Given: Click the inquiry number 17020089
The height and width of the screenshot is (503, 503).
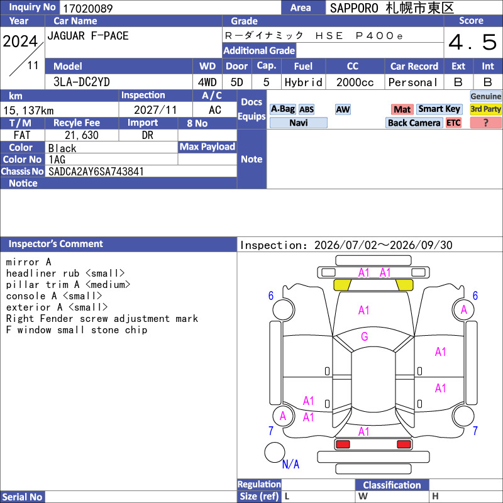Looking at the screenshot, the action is pos(88,8).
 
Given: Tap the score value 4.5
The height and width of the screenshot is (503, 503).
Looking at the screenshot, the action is pos(473,42).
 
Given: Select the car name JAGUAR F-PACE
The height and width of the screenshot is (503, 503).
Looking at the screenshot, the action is pos(88,36).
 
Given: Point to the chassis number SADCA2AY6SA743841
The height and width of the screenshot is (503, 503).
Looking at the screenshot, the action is pos(96,172).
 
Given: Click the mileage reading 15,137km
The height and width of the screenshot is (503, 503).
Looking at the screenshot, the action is pos(28,111).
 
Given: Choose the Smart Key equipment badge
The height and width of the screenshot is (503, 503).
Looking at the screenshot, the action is pos(439,109).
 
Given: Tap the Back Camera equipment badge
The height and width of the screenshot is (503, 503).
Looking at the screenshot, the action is pos(414,123).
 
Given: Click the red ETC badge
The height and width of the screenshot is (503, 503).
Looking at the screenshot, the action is pos(453,123).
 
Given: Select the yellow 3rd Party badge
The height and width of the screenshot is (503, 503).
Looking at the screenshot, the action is pos(485,109).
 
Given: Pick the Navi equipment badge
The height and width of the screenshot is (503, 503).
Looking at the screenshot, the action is pos(298,123).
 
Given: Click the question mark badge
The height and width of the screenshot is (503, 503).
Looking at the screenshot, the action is pos(485,123).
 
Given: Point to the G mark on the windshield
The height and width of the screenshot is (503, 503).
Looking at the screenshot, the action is pos(365,336).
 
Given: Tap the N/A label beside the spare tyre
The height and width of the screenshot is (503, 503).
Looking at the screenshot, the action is pos(290,464).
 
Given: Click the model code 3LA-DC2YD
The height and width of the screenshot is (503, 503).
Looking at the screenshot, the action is pos(82,82).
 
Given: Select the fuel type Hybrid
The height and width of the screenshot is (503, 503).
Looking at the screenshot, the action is pos(303,82).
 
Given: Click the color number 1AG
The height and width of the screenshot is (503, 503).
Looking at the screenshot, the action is pos(57,160).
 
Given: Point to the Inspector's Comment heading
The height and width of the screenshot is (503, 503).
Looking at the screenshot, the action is pos(56,244).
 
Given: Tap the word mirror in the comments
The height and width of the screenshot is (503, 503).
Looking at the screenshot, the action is pos(23,262).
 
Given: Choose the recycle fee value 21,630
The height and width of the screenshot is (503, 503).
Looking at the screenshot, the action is pos(82,135).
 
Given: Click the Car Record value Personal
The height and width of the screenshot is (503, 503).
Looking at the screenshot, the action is pos(412,82).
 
